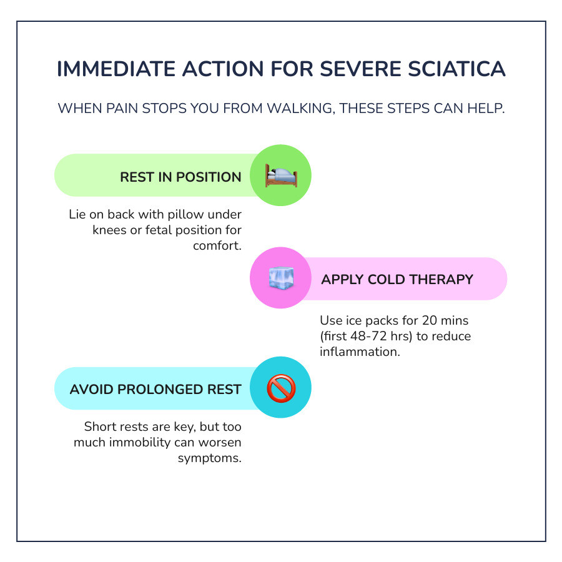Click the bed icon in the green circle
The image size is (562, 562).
pos(280,176)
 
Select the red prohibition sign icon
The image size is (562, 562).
pos(280,388)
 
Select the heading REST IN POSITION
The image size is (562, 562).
pos(180,177)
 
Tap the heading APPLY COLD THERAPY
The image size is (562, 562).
pos(397,279)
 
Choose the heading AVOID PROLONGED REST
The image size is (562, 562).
pos(155,390)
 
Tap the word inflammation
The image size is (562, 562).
pos(359,352)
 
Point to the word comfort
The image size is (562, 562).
pos(216,245)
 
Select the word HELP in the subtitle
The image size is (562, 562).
pos(486,108)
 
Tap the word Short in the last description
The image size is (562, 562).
pos(100,427)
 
